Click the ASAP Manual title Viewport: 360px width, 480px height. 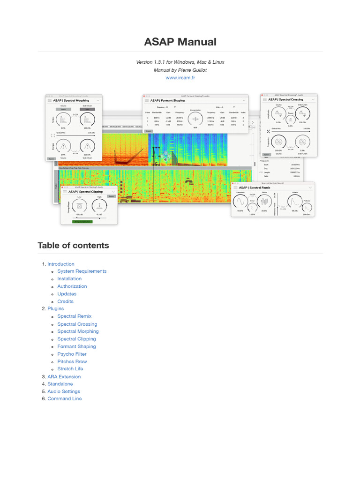(x=180, y=42)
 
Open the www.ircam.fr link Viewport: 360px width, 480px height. (x=180, y=78)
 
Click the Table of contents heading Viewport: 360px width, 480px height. (x=73, y=245)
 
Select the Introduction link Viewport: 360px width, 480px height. (x=60, y=264)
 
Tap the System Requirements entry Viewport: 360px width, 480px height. (x=82, y=271)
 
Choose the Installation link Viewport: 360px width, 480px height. (x=69, y=278)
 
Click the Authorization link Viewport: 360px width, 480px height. (x=72, y=286)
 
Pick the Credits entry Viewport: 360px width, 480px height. (x=65, y=301)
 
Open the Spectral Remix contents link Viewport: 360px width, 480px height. (x=74, y=316)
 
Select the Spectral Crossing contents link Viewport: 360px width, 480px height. (x=77, y=324)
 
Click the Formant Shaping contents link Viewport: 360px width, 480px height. (x=76, y=346)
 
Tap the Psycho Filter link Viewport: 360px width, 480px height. (x=72, y=354)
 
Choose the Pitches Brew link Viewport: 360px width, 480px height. (x=72, y=361)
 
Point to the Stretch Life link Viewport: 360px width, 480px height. (x=70, y=369)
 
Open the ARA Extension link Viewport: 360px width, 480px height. (x=64, y=376)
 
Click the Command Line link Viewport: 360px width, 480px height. (x=64, y=398)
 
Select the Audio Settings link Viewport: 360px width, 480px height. (x=64, y=391)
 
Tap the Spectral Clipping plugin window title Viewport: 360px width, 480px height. (x=86, y=191)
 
